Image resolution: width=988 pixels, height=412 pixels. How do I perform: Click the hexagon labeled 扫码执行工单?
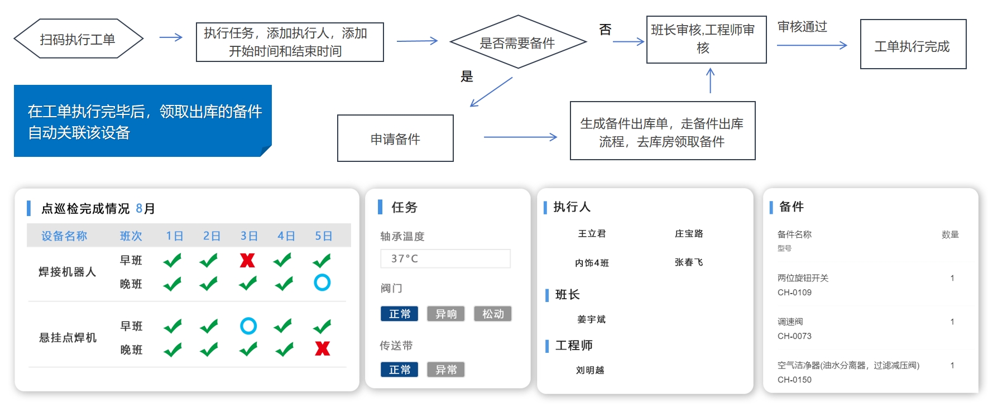[78, 39]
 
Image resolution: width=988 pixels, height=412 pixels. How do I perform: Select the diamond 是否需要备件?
[517, 42]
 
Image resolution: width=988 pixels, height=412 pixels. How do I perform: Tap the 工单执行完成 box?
[913, 45]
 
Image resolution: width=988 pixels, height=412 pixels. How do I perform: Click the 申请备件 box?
[395, 138]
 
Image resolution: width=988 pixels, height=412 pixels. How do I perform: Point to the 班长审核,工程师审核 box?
[706, 39]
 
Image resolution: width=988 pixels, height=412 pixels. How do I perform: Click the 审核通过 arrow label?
[802, 27]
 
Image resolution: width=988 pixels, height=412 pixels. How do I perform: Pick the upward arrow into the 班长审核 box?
[710, 81]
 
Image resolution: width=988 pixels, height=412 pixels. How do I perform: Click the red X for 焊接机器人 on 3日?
[247, 260]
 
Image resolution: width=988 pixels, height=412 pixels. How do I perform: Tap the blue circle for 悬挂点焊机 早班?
[248, 325]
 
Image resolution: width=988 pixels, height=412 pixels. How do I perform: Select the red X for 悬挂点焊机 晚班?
[323, 349]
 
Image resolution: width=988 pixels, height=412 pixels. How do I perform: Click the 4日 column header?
[286, 236]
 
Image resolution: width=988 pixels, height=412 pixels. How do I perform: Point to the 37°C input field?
[445, 258]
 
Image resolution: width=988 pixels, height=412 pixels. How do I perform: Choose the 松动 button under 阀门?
[493, 314]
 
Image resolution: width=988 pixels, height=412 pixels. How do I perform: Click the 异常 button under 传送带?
[446, 370]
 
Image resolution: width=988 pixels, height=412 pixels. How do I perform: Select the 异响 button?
[446, 314]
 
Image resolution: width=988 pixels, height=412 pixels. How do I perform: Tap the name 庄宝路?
[689, 233]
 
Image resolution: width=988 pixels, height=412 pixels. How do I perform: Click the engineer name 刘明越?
[590, 370]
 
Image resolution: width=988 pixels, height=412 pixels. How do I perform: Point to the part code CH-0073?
[794, 336]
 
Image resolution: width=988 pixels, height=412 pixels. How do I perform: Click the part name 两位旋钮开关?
[803, 278]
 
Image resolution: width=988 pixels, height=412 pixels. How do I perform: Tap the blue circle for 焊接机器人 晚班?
[322, 282]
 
